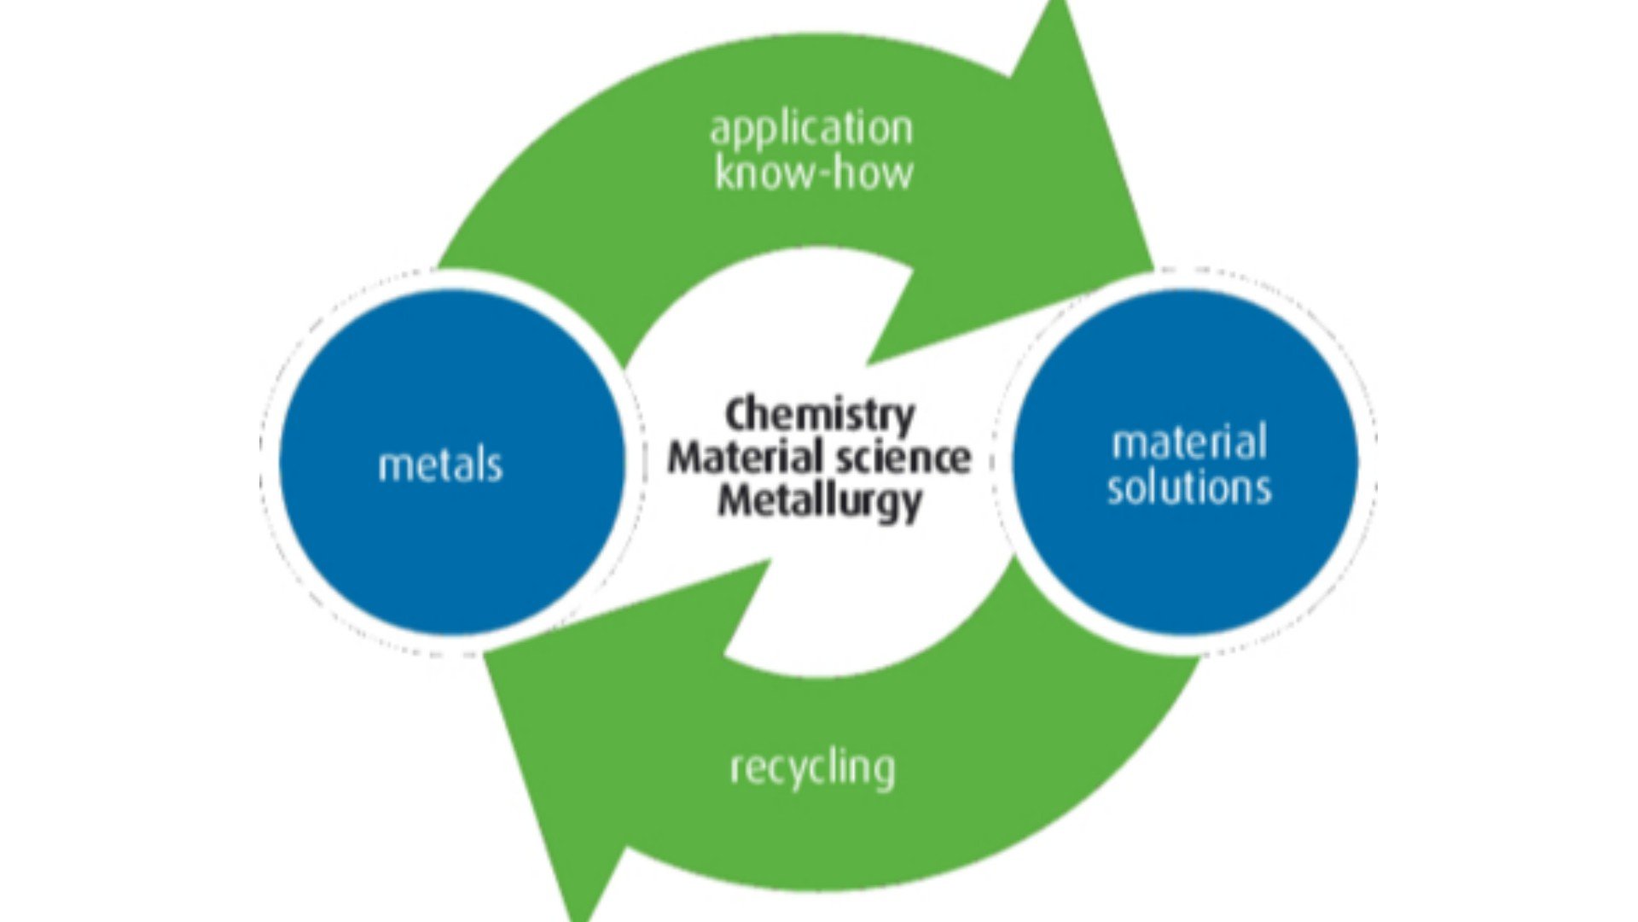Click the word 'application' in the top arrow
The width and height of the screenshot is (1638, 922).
(x=811, y=130)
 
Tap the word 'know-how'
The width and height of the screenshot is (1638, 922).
(x=814, y=172)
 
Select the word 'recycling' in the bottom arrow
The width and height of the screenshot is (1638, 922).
(x=813, y=768)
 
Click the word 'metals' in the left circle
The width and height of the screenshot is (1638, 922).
(x=440, y=466)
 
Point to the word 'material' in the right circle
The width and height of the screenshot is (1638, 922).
(x=1189, y=443)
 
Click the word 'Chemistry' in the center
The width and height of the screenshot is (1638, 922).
(x=819, y=416)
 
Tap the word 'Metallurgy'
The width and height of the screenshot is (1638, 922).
(x=819, y=502)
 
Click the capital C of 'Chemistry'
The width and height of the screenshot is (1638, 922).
(x=737, y=416)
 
